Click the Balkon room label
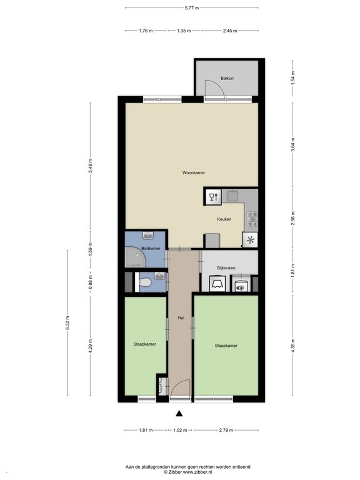[x=227, y=78]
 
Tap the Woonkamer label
[x=194, y=172]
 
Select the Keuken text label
[x=224, y=219]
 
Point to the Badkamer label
[x=151, y=249]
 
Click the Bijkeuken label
[x=226, y=268]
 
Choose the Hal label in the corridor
[x=181, y=318]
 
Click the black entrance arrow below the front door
[x=179, y=414]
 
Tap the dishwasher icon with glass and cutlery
[x=213, y=196]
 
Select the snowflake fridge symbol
[x=250, y=240]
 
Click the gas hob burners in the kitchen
[x=252, y=219]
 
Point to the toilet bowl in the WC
[x=145, y=282]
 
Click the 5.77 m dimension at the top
[x=192, y=8]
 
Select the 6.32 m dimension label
[x=67, y=322]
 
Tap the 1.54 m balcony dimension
[x=293, y=77]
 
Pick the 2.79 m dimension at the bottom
[x=226, y=430]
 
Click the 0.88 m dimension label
[x=90, y=282]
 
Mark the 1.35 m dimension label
[x=184, y=31]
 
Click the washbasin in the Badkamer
[x=148, y=236]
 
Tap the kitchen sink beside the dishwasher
[x=232, y=196]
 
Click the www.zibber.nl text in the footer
[x=197, y=472]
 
